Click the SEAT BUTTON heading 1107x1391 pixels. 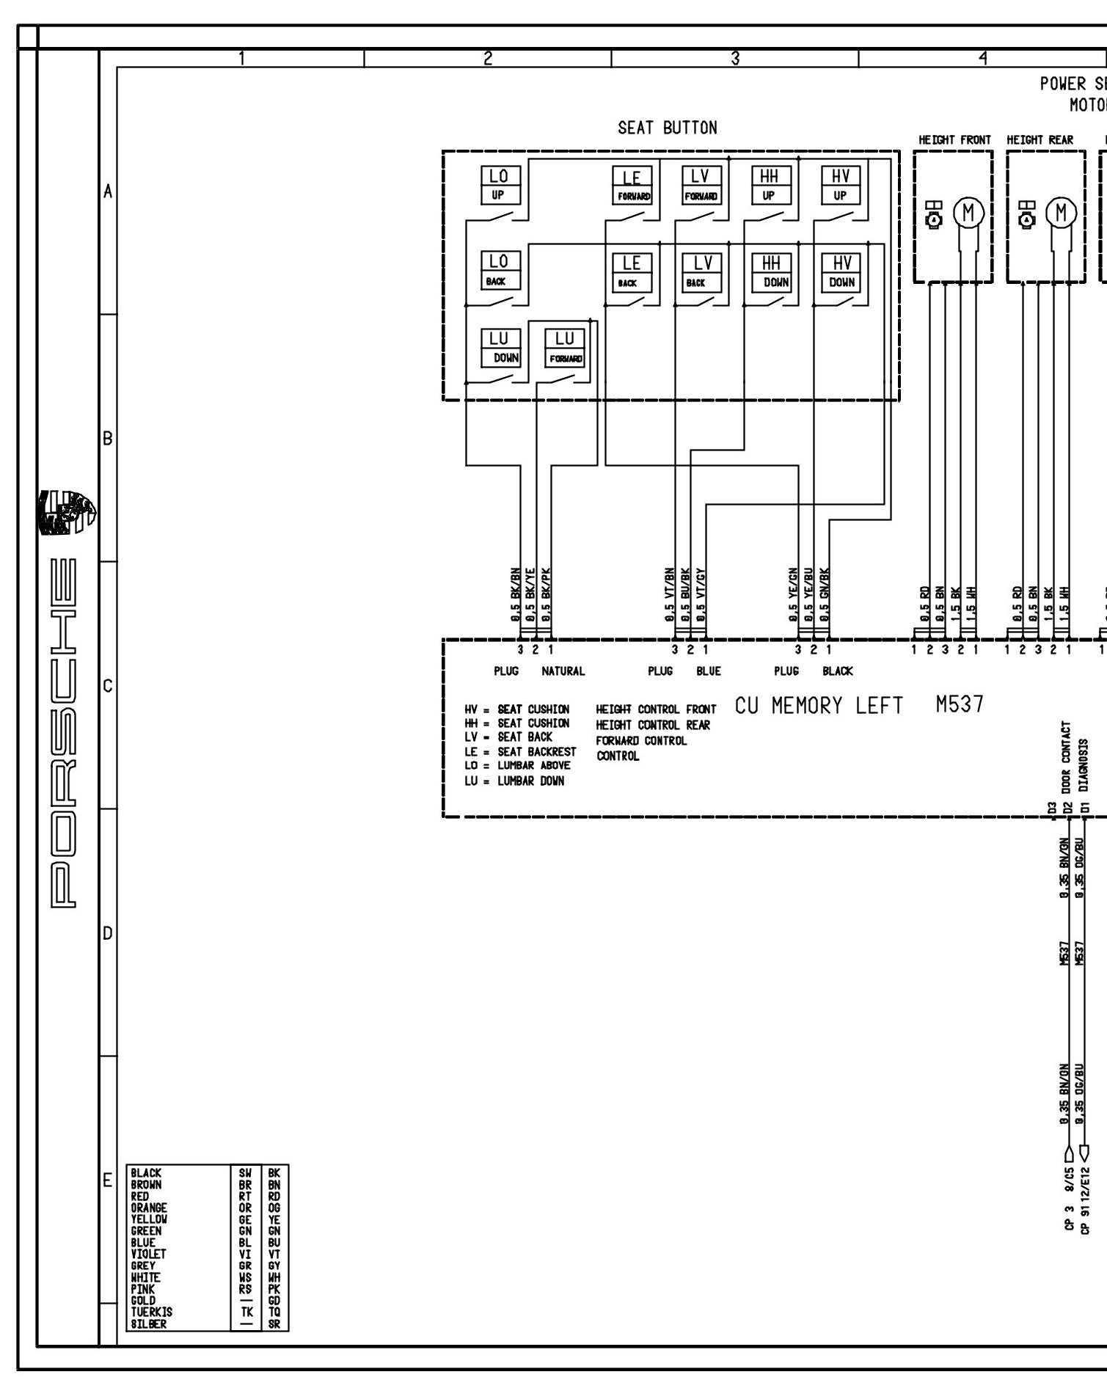667,128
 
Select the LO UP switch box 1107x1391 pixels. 499,185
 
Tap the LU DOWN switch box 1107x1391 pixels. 500,347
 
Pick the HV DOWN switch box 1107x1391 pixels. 841,272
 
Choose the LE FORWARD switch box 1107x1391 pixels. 632,186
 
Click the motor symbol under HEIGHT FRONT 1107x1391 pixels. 968,213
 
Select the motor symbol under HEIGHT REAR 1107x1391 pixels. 1061,213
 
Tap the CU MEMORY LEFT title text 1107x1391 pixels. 819,706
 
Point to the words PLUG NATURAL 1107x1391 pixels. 539,671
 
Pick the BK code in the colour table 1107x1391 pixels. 274,1173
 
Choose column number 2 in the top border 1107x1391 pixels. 488,58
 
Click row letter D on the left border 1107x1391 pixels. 107,934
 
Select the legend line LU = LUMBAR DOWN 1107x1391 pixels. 514,781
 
